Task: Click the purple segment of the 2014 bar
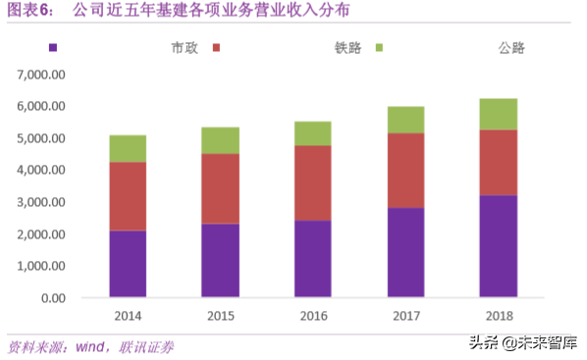click(128, 264)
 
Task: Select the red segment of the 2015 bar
click(220, 188)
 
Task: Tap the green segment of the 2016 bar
click(312, 133)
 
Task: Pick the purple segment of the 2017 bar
click(404, 252)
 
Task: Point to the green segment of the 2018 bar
click(498, 114)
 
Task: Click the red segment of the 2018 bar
click(498, 163)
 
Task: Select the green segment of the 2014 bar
click(128, 148)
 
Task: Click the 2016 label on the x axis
click(312, 316)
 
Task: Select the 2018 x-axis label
click(498, 316)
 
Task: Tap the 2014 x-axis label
click(128, 316)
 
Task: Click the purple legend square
click(53, 47)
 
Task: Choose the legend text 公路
click(511, 47)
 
